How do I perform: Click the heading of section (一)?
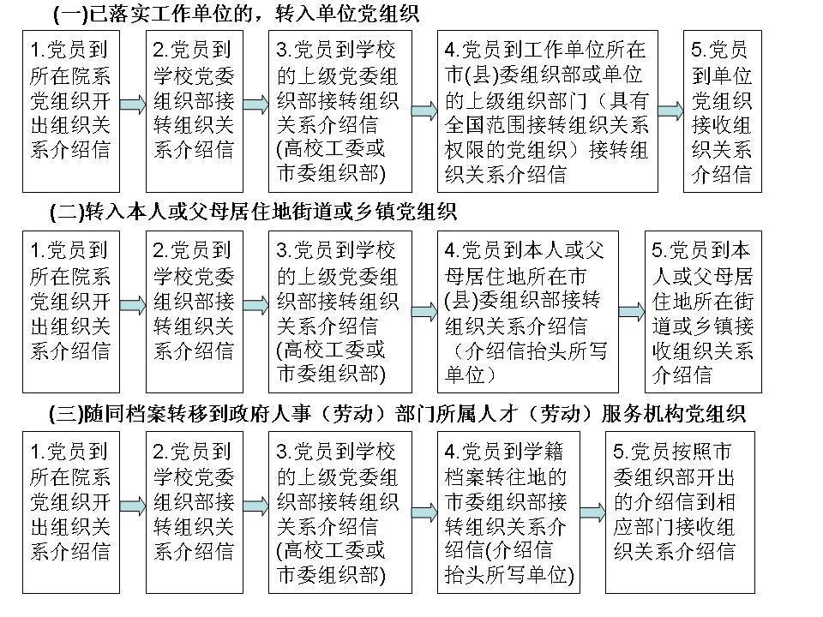pyautogui.click(x=236, y=14)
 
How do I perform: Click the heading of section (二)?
pyautogui.click(x=253, y=212)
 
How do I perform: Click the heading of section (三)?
pyautogui.click(x=397, y=413)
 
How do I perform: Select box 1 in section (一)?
pyautogui.click(x=71, y=111)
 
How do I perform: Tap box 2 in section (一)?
pyautogui.click(x=195, y=111)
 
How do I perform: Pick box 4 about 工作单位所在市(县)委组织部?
pyautogui.click(x=548, y=111)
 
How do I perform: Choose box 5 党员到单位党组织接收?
pyautogui.click(x=722, y=111)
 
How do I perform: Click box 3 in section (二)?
pyautogui.click(x=340, y=312)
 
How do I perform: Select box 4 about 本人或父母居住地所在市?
pyautogui.click(x=527, y=312)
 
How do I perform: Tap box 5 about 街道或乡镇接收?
pyautogui.click(x=703, y=312)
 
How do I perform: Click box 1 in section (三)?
pyautogui.click(x=71, y=512)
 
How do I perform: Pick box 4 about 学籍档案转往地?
pyautogui.click(x=508, y=512)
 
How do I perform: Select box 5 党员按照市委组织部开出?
pyautogui.click(x=680, y=512)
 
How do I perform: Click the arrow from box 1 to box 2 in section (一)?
pyautogui.click(x=133, y=105)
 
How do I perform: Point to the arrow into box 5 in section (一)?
pyautogui.click(x=670, y=111)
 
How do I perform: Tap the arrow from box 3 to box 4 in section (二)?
pyautogui.click(x=424, y=312)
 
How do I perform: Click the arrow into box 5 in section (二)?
pyautogui.click(x=632, y=312)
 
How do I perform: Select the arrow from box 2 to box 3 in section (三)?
pyautogui.click(x=256, y=506)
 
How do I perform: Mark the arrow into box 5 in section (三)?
pyautogui.click(x=593, y=512)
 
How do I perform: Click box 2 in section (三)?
pyautogui.click(x=195, y=512)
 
